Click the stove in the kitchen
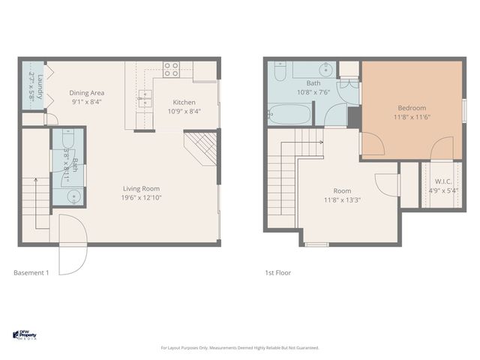[171, 70]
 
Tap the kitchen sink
[145, 96]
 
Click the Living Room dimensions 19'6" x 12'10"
[140, 198]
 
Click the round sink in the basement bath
[73, 196]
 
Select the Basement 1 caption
[31, 272]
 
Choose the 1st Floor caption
[277, 272]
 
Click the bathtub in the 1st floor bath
[289, 115]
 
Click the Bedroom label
[412, 108]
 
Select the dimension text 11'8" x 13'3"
[343, 200]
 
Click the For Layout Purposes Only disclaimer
[240, 348]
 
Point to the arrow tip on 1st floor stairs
[322, 141]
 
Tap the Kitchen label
[184, 102]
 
